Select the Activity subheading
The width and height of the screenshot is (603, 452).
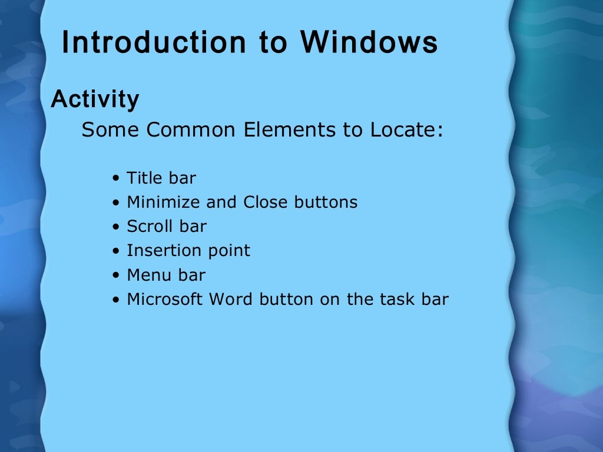pos(95,99)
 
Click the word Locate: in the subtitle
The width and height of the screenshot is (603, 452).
pos(406,129)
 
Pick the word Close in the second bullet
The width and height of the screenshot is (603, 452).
pos(264,202)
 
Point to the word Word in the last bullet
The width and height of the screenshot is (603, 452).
pos(230,300)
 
